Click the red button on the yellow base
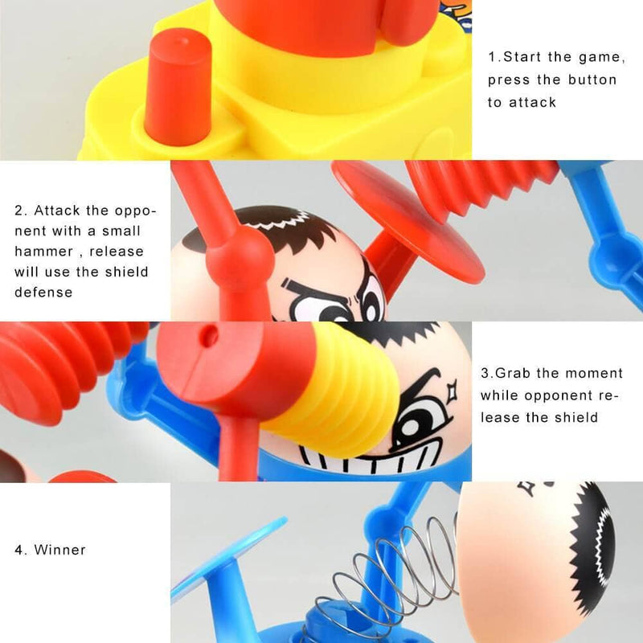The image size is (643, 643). tap(178, 88)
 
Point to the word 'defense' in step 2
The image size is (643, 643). tap(43, 292)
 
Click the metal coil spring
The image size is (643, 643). tap(402, 579)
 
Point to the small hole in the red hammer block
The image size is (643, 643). tap(210, 334)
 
